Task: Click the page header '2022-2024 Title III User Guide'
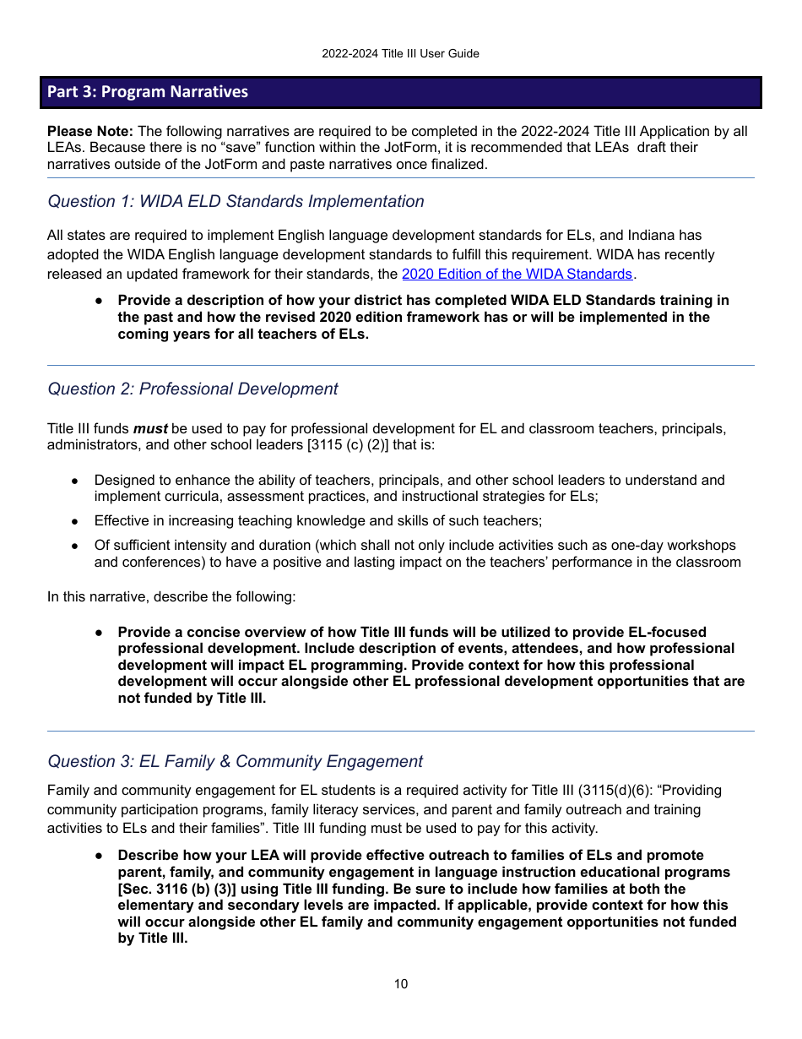click(x=400, y=53)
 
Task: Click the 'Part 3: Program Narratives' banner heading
click(x=148, y=91)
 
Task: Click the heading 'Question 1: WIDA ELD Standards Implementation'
click(x=236, y=201)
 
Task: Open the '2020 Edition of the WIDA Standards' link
click(x=517, y=274)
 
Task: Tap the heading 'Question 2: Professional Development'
click(x=192, y=389)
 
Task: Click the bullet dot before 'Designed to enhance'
click(x=75, y=481)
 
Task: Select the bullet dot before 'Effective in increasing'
click(x=75, y=521)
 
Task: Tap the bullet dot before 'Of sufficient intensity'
click(x=75, y=546)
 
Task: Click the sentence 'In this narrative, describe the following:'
click(x=171, y=596)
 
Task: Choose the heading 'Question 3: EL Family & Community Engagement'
click(x=235, y=761)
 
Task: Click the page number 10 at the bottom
click(x=400, y=983)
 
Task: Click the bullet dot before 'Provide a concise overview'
click(x=99, y=633)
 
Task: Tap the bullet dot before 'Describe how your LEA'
click(x=99, y=856)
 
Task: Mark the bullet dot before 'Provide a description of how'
click(x=99, y=301)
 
